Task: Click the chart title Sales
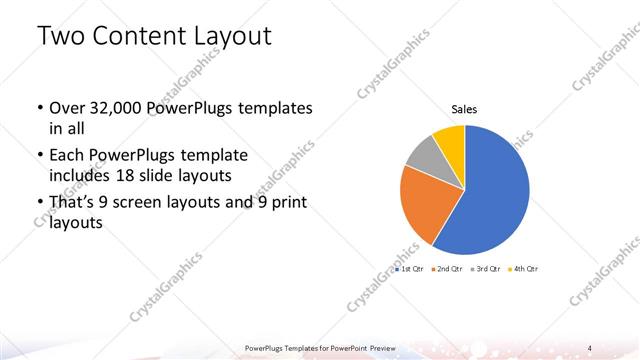tap(464, 109)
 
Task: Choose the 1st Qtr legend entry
tap(410, 269)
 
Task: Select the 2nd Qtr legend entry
tap(446, 269)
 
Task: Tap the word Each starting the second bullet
tap(67, 156)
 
